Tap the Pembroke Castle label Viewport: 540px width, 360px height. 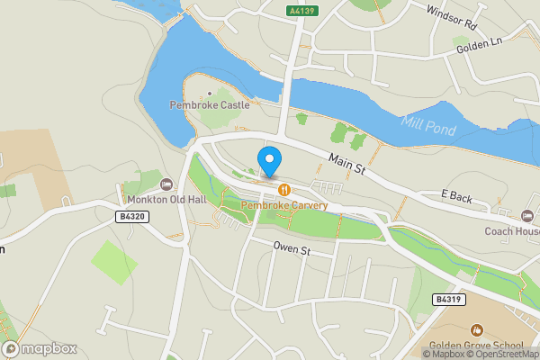click(210, 105)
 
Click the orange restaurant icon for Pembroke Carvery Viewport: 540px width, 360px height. click(284, 190)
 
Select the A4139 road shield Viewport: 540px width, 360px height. click(302, 10)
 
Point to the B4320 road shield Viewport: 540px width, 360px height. click(131, 217)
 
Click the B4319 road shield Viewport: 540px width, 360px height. click(446, 299)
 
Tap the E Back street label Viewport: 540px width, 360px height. click(456, 194)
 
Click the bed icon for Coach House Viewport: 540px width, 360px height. click(527, 216)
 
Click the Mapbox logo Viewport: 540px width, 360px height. click(39, 349)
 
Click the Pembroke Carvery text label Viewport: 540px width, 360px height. click(284, 205)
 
